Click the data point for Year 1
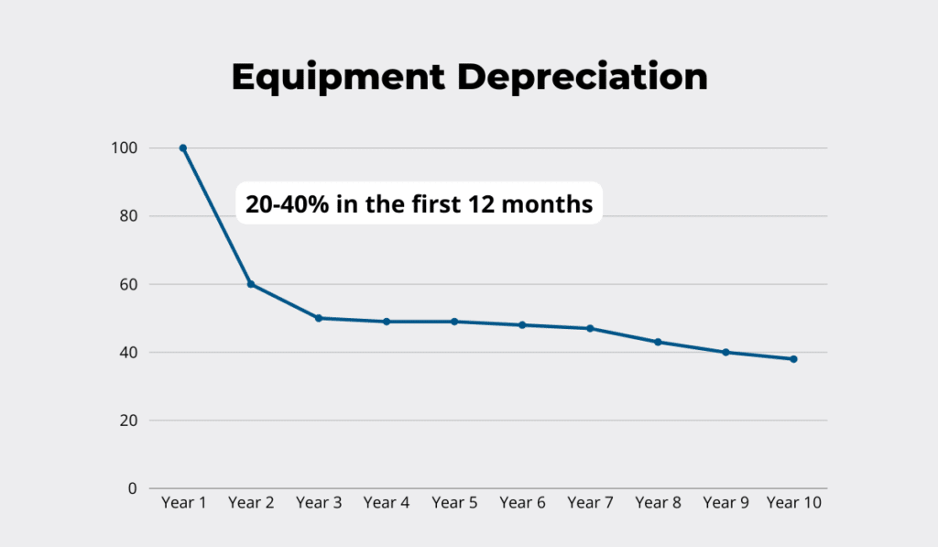[x=183, y=148]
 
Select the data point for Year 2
[x=251, y=284]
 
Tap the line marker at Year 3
[x=319, y=318]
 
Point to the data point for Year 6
[x=522, y=324]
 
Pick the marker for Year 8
[x=658, y=342]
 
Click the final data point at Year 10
[x=793, y=359]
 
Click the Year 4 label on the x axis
[x=387, y=503]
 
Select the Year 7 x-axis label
[x=590, y=503]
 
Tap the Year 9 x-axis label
[x=725, y=503]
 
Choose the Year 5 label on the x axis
[x=454, y=503]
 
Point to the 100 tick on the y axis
[x=125, y=148]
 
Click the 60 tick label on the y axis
[x=129, y=284]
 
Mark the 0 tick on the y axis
[x=133, y=488]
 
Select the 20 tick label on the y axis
[x=129, y=421]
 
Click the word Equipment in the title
[x=337, y=78]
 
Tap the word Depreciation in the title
[x=583, y=78]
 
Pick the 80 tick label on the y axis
[x=129, y=216]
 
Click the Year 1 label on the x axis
[x=183, y=503]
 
